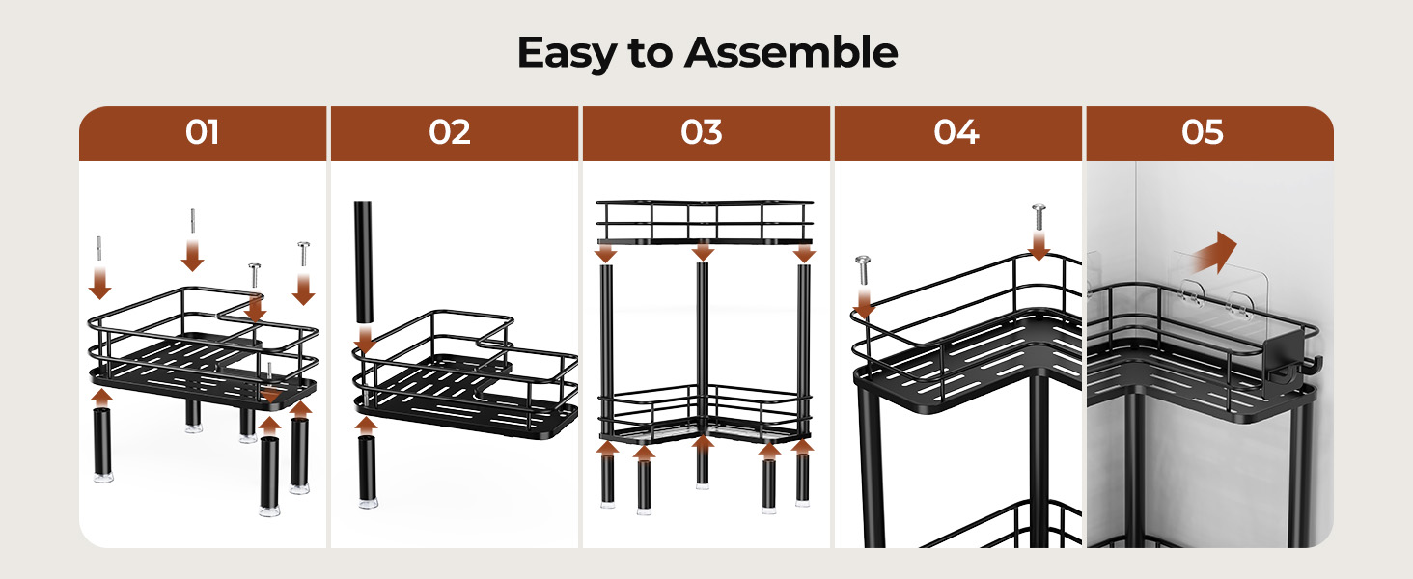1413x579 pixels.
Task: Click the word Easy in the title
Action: [567, 53]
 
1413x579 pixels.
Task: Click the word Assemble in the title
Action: [791, 52]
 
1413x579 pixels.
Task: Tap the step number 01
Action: [203, 132]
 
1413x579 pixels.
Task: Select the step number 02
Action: [450, 132]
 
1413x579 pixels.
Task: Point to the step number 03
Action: [702, 132]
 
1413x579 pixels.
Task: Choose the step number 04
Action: [956, 132]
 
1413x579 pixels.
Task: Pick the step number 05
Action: [1203, 132]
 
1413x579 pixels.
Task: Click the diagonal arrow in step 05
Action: [1213, 253]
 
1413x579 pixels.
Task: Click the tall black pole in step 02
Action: [363, 262]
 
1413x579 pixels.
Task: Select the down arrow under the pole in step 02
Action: [365, 340]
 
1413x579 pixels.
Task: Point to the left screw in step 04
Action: [863, 270]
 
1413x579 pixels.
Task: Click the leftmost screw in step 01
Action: [99, 249]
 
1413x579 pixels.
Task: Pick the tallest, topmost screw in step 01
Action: [192, 221]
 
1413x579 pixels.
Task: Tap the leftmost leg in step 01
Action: [103, 445]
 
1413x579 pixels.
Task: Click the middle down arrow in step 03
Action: [703, 252]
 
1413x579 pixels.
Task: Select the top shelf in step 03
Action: [705, 222]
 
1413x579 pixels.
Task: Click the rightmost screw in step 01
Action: [303, 254]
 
